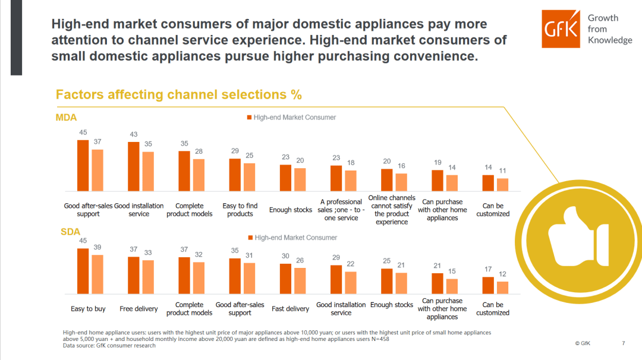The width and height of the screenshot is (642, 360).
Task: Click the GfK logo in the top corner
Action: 561,29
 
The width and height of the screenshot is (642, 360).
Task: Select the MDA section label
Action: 66,118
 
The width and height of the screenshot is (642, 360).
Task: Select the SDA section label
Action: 70,232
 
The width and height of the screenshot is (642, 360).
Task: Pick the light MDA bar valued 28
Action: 198,175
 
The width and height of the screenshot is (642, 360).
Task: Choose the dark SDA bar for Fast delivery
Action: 285,279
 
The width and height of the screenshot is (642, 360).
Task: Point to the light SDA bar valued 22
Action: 351,283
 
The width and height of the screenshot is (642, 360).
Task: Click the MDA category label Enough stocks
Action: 291,210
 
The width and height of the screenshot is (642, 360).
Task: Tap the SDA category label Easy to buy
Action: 88,309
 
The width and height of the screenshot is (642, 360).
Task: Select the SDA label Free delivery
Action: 139,309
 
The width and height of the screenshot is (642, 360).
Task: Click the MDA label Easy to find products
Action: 240,210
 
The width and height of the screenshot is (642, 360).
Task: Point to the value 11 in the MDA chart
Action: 502,171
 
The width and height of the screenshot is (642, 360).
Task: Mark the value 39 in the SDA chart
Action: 97,248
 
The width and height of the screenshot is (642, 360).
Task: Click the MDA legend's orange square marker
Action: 250,118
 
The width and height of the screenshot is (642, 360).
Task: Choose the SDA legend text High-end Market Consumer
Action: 295,238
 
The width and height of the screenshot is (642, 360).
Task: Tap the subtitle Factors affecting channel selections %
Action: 178,95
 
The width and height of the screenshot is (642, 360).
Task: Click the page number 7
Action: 623,343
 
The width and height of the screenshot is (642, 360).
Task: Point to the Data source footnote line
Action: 109,346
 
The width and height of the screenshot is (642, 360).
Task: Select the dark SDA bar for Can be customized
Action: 487,285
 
